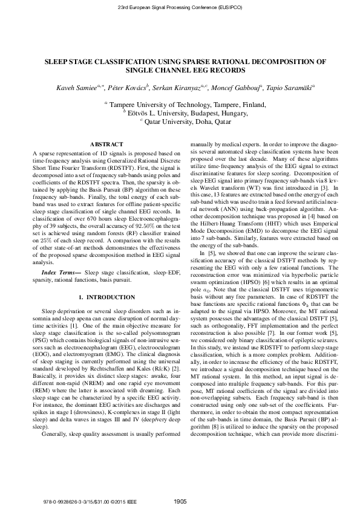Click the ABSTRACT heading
pyautogui.click(x=106, y=145)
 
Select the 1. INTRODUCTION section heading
pyautogui.click(x=106, y=298)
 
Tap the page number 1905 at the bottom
pyautogui.click(x=180, y=501)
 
